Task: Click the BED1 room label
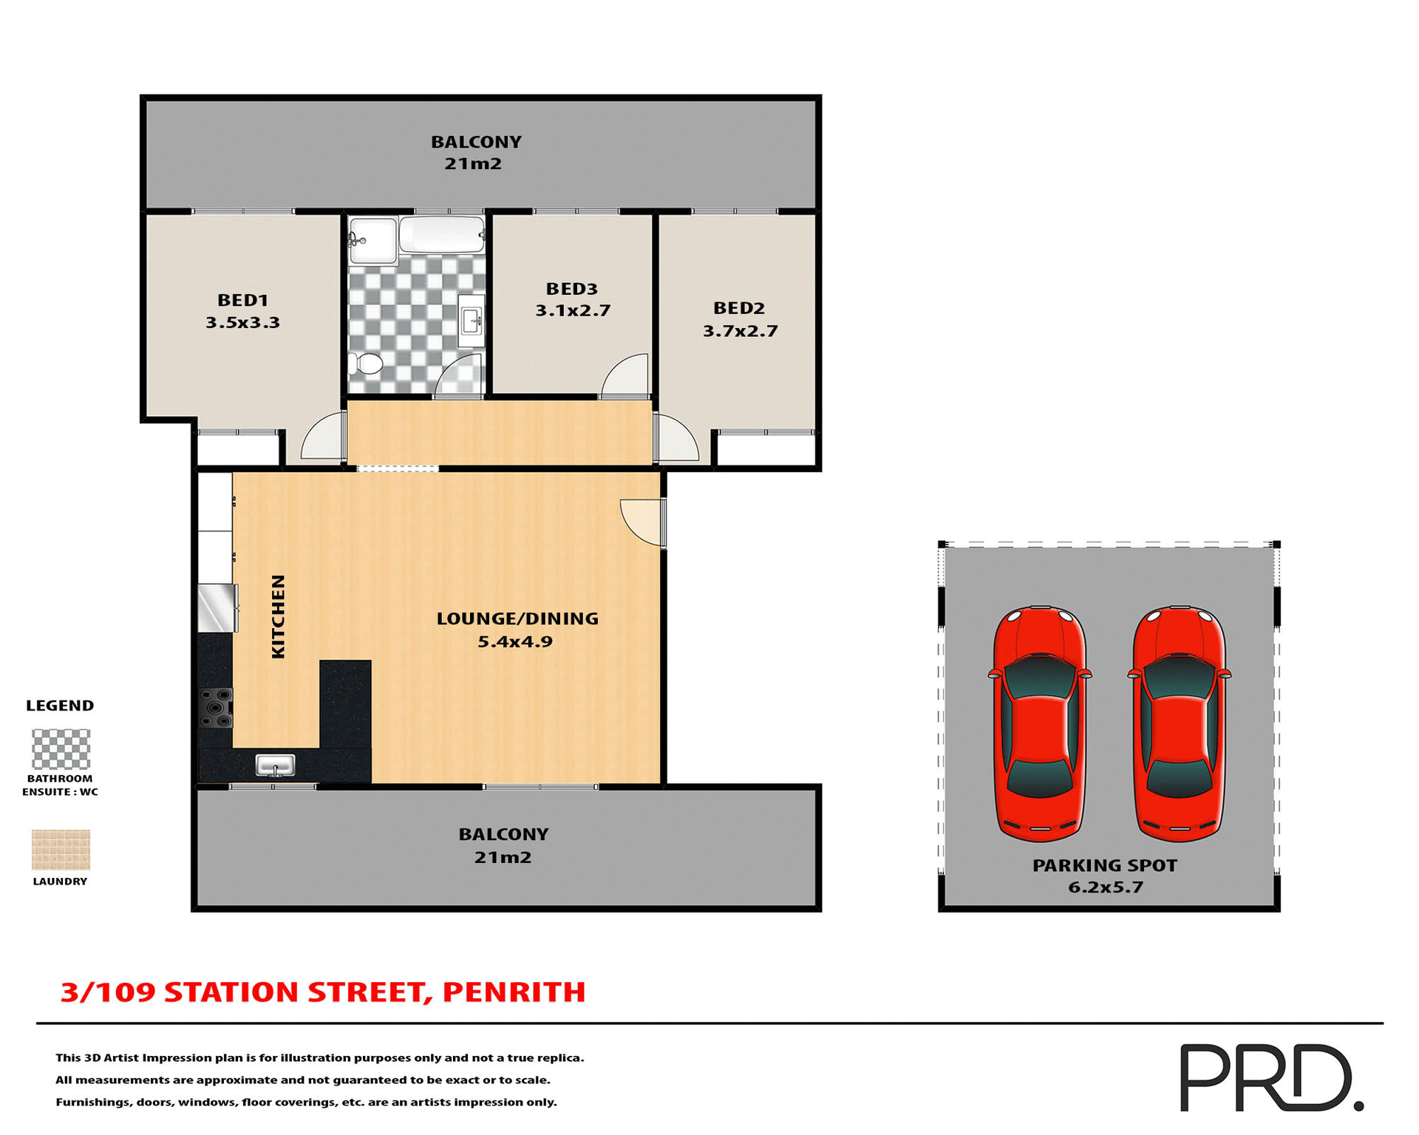(242, 300)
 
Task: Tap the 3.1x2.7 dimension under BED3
(573, 310)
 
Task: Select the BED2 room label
(738, 308)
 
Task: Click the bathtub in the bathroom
(441, 234)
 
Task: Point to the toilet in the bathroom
(366, 363)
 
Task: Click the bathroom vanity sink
(471, 319)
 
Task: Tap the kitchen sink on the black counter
(275, 766)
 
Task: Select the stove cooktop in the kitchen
(216, 707)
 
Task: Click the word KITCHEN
(278, 616)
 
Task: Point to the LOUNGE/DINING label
(517, 618)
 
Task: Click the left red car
(1039, 723)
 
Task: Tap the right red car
(1179, 723)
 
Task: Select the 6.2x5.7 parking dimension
(1106, 887)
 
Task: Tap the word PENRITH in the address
(514, 992)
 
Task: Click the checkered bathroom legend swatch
(61, 749)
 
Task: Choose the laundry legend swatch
(61, 849)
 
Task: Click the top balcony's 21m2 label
(473, 163)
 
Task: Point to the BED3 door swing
(627, 375)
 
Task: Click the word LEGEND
(60, 705)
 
